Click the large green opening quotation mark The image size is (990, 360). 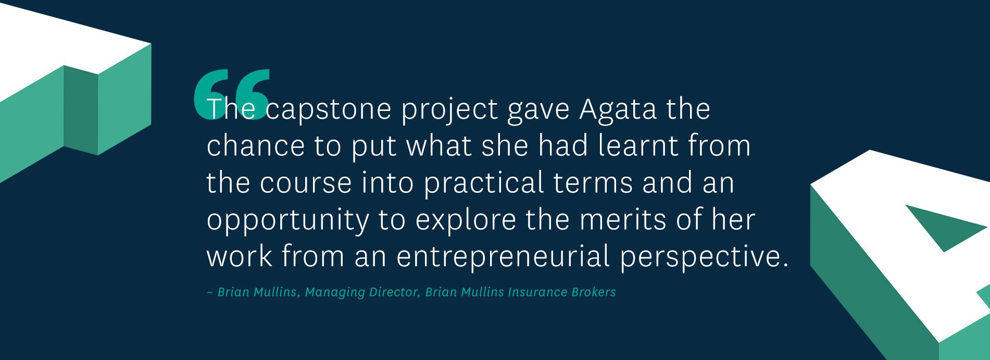(232, 94)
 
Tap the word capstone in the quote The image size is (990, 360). (328, 110)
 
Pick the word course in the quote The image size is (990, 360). (306, 183)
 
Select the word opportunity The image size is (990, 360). (288, 220)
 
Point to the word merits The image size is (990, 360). (623, 220)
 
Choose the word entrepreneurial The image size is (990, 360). (503, 257)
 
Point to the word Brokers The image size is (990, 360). (594, 292)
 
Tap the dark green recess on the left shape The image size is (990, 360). (81, 110)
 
